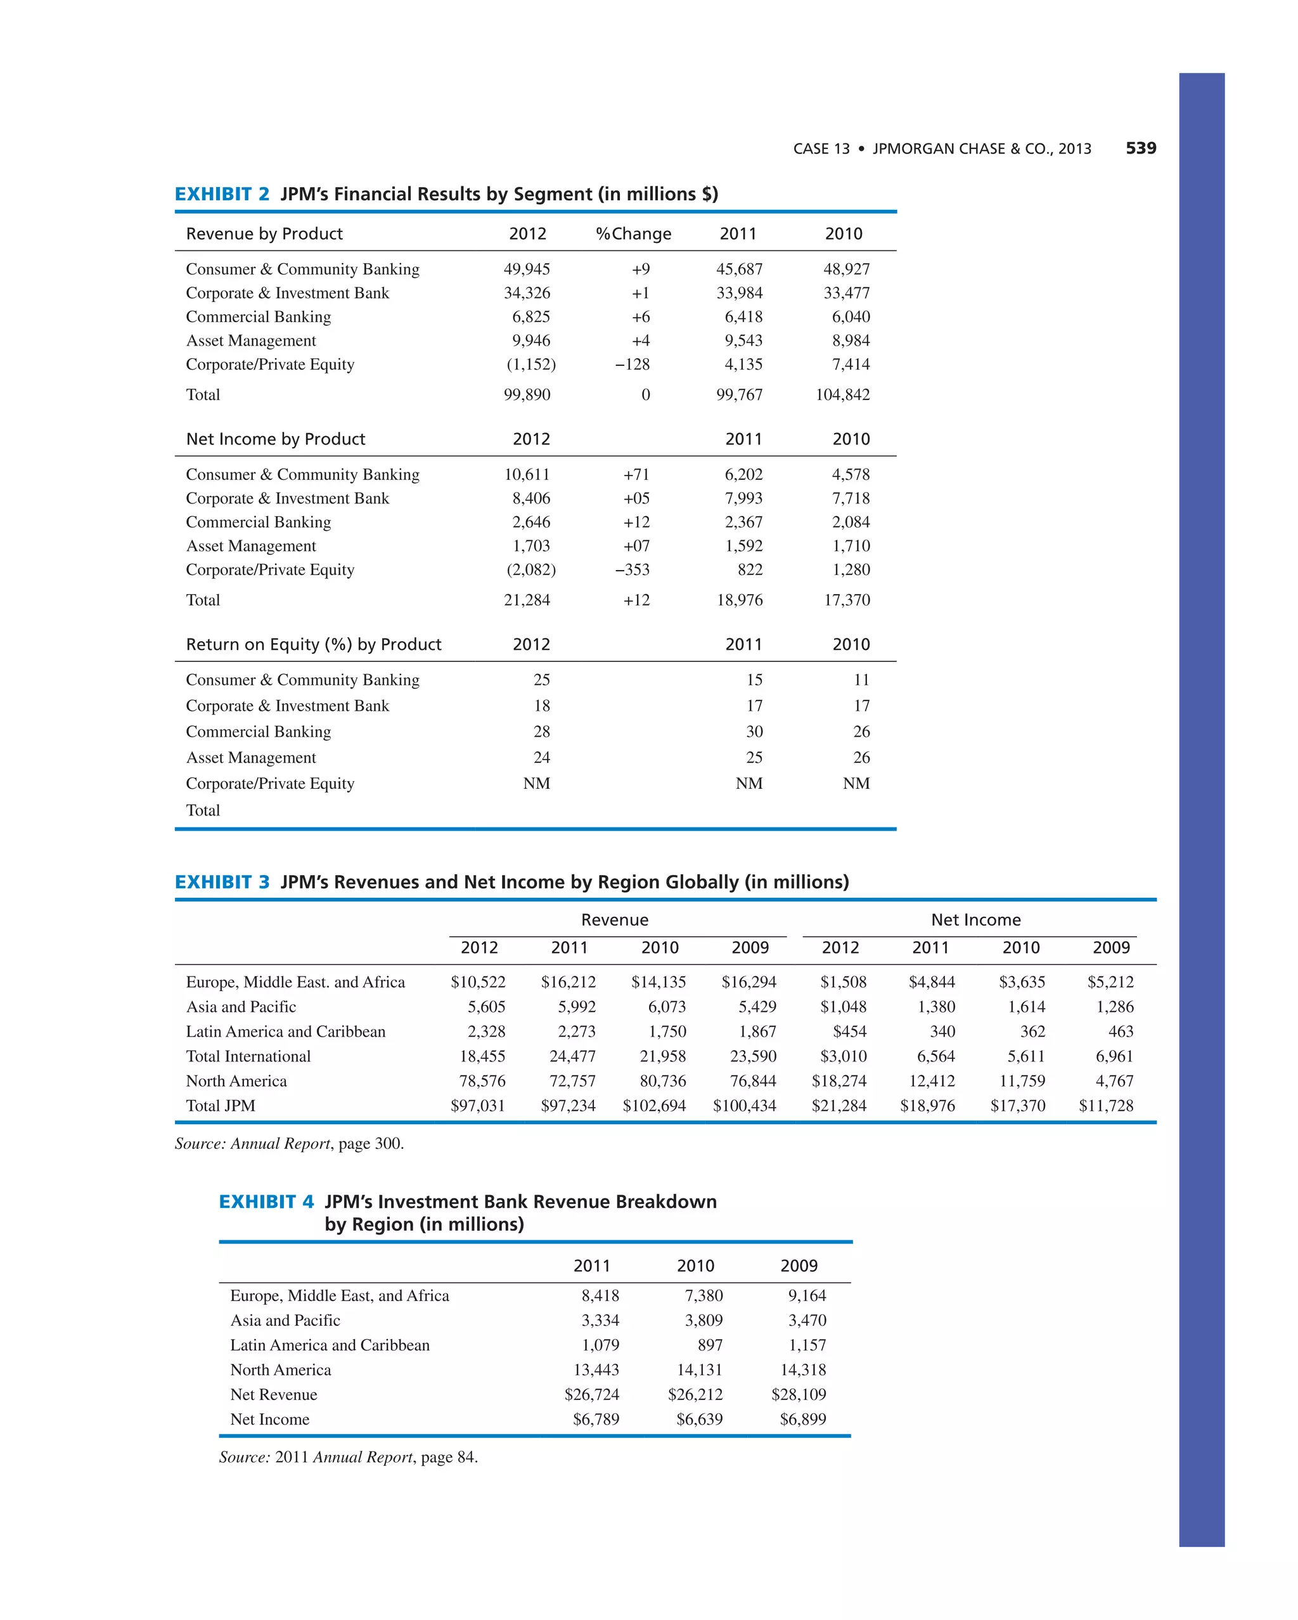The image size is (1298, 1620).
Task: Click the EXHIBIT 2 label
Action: point(222,194)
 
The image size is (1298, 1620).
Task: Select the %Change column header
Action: point(633,234)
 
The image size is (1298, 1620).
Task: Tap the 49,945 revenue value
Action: point(527,269)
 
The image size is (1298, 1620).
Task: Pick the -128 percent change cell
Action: point(632,365)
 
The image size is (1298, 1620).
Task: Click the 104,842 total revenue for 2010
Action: point(842,394)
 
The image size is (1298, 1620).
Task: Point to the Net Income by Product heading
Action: point(276,439)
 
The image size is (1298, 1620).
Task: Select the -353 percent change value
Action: point(632,569)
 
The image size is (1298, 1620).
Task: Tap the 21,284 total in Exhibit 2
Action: point(527,600)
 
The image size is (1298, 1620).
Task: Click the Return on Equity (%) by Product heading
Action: point(313,644)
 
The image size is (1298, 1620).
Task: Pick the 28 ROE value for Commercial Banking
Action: point(542,731)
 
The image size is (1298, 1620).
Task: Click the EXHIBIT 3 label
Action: point(222,881)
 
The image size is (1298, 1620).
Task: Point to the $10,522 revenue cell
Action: point(478,982)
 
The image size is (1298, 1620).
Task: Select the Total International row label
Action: point(248,1056)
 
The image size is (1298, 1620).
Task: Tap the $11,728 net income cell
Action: point(1106,1105)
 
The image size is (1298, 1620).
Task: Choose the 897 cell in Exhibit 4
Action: point(710,1344)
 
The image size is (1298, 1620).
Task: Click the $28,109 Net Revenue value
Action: point(799,1394)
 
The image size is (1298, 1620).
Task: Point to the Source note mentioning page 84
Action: point(348,1456)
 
